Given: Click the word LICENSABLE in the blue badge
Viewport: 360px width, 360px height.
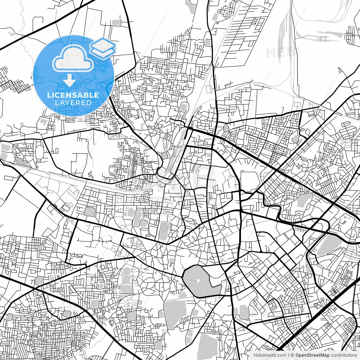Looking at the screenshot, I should click(73, 95).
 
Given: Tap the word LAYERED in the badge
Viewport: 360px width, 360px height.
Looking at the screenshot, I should click(73, 103).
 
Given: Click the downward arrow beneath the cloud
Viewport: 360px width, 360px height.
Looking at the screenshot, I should click(69, 81).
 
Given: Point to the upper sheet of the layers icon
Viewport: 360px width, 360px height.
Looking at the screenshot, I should click(103, 44).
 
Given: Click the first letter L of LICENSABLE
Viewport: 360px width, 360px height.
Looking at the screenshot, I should click(49, 95).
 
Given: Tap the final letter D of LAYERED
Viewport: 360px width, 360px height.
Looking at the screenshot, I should click(89, 103).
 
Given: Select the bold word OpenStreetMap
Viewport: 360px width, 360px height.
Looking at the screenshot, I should click(312, 355).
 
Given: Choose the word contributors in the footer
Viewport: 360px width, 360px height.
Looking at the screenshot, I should click(344, 355).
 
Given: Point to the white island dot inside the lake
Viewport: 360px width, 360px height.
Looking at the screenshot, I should click(198, 280).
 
